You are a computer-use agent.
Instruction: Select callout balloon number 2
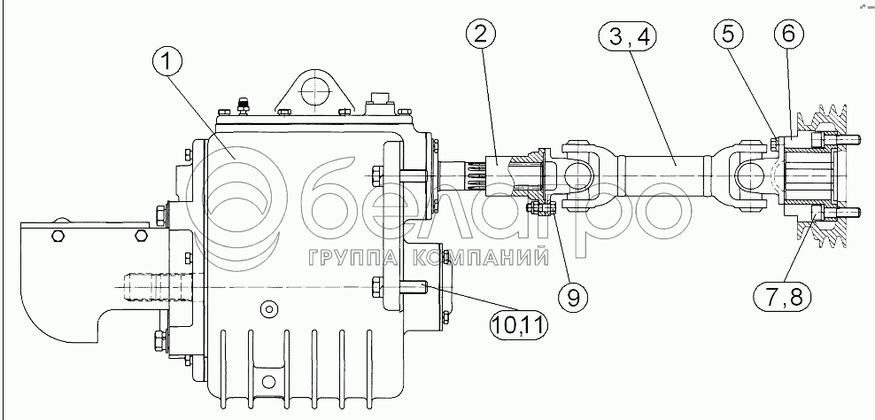point(479,36)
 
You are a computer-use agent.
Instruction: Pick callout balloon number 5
point(729,36)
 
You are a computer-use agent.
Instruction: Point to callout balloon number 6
point(787,36)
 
